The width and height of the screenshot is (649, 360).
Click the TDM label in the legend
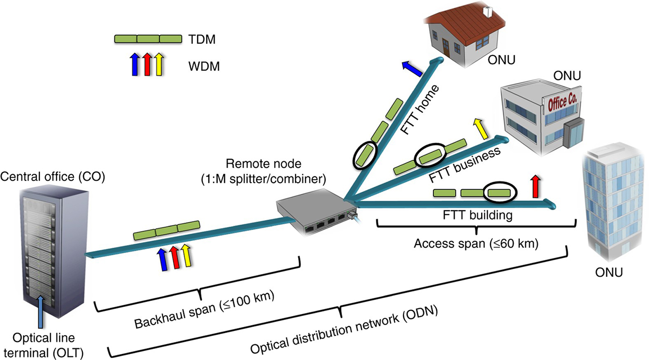tap(203, 39)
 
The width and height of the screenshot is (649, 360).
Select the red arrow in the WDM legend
tap(147, 64)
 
